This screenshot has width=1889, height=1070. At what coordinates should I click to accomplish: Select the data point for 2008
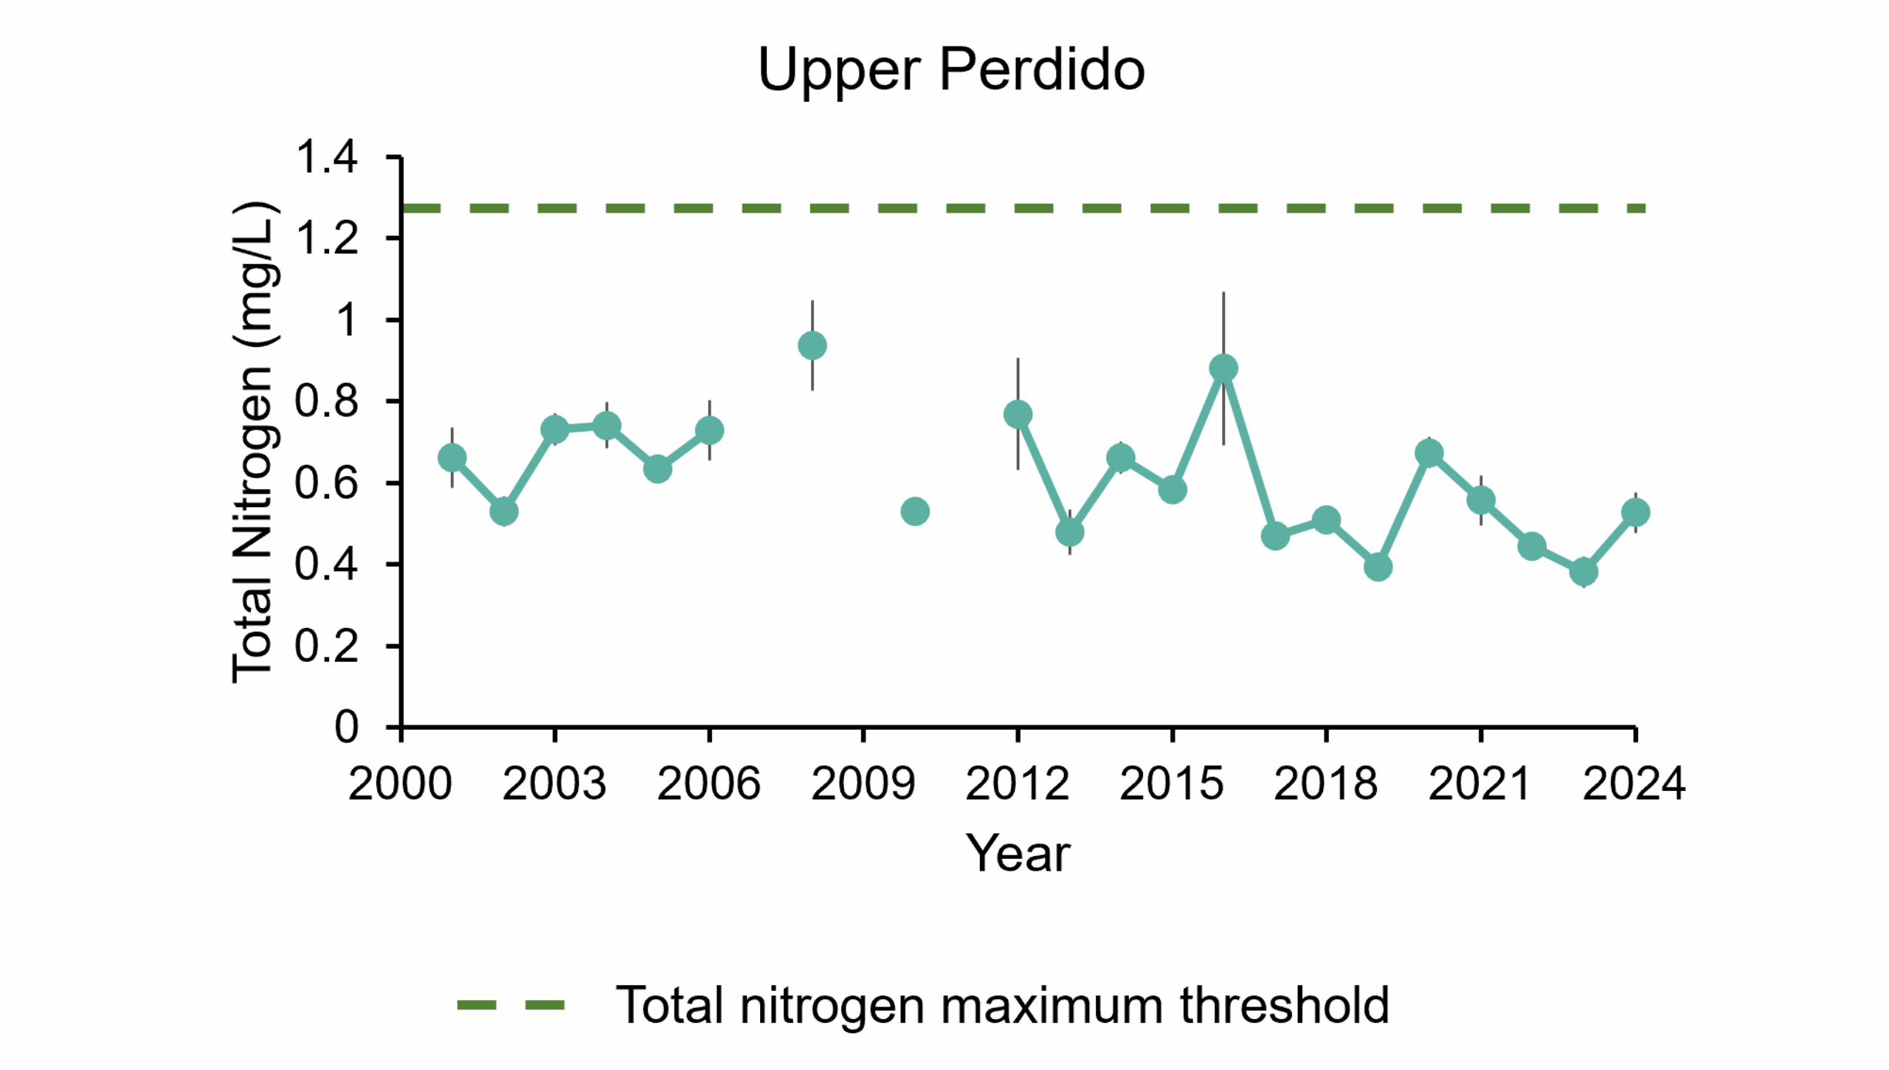(812, 345)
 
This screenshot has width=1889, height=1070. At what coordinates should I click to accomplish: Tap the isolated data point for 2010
(915, 511)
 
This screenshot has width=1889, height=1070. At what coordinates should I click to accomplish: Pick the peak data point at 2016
(1223, 368)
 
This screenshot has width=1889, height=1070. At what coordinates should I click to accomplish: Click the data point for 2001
(452, 458)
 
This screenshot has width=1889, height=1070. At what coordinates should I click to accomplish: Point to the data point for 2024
(1636, 512)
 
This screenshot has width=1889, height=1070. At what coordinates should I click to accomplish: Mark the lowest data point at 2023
(1584, 571)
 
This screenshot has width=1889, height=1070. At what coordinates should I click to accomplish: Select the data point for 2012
(1018, 414)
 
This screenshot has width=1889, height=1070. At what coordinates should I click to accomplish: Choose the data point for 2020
(1429, 453)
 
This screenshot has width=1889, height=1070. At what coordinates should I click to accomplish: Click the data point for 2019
(1378, 567)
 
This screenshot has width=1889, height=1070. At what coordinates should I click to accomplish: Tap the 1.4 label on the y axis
(327, 157)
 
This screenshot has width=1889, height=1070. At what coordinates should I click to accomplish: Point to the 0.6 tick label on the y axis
(327, 483)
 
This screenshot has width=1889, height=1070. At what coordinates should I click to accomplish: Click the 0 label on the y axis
(347, 728)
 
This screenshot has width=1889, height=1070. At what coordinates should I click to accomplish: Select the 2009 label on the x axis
(863, 784)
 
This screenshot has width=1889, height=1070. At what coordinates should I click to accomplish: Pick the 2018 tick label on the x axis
(1326, 784)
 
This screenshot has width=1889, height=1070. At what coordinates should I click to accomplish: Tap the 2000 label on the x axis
(400, 784)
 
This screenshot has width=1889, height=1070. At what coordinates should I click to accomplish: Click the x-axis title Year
(1018, 854)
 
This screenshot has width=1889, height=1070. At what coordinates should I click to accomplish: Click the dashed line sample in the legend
(511, 1005)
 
